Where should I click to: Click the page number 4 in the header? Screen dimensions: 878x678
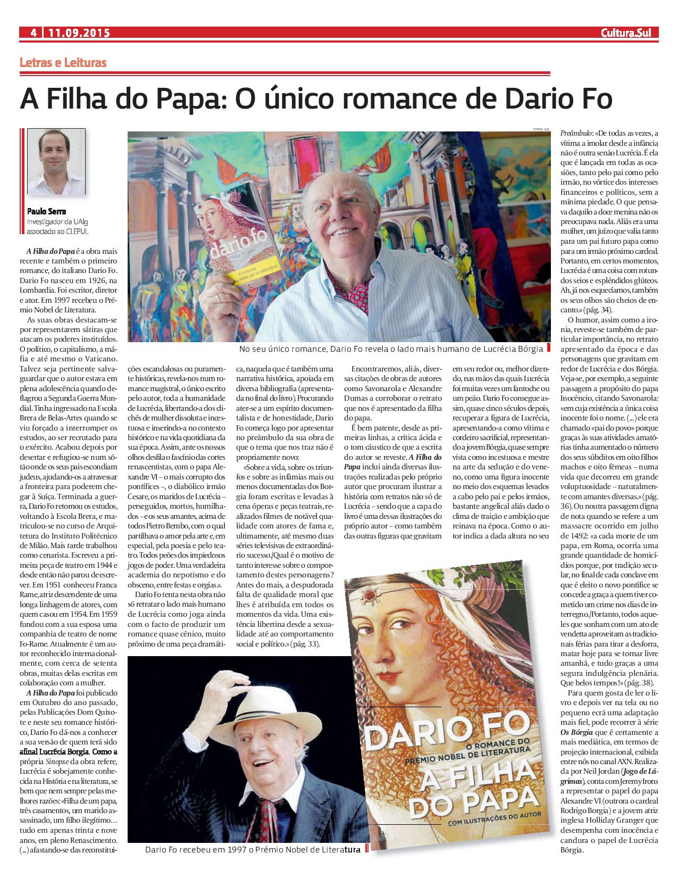tap(34, 33)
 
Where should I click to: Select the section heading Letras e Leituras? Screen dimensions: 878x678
tap(63, 63)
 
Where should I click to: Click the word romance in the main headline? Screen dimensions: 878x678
tap(392, 99)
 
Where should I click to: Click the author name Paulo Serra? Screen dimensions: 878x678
tap(46, 211)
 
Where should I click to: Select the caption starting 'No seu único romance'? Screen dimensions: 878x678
tap(391, 349)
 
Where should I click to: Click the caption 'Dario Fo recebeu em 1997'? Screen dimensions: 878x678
tap(253, 850)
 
